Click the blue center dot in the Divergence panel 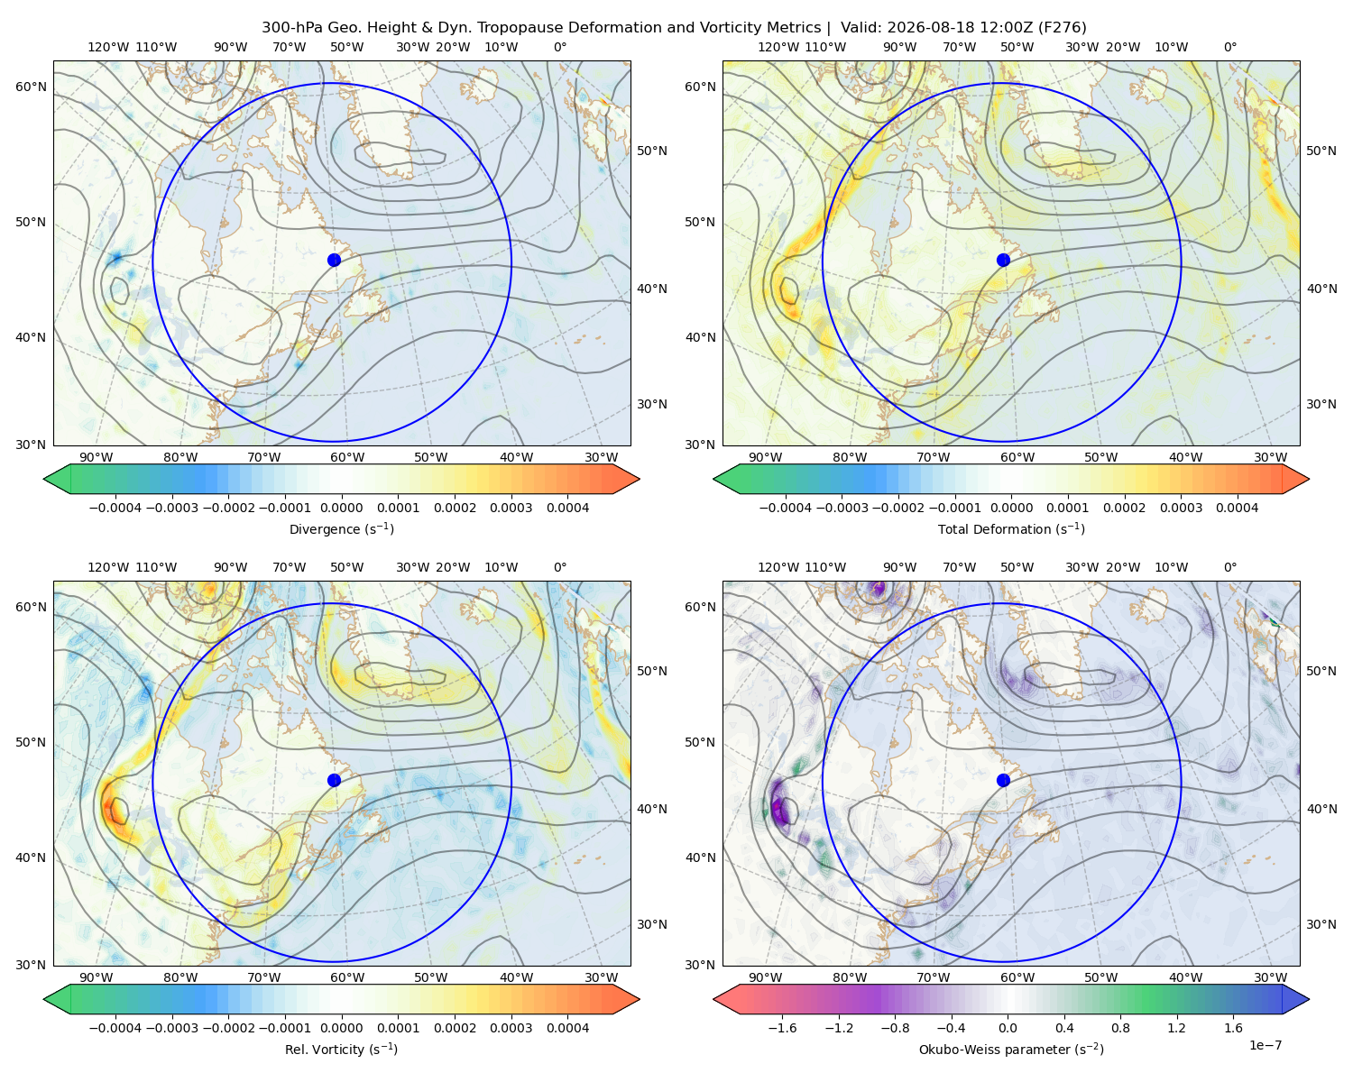[x=334, y=260]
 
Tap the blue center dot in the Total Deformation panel [x=1003, y=260]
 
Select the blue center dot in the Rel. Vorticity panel [x=334, y=780]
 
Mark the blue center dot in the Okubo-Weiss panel [x=1003, y=780]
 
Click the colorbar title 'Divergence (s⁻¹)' [x=341, y=528]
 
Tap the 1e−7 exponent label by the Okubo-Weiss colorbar [x=1265, y=1045]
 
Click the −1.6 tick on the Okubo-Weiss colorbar [x=782, y=1028]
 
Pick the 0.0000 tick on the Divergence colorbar [x=341, y=508]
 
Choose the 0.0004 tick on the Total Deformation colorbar [x=1237, y=508]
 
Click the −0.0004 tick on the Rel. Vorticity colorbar [x=115, y=1028]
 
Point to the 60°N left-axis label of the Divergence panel [x=31, y=87]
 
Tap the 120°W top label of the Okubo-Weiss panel [x=778, y=567]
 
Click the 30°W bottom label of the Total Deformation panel [x=1270, y=457]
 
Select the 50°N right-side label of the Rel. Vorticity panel [x=652, y=671]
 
